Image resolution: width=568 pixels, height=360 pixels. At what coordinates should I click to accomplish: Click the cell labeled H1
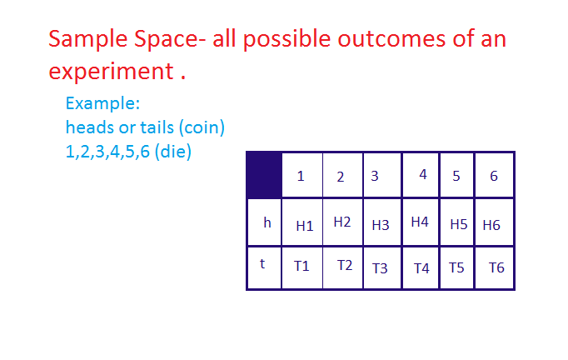pyautogui.click(x=304, y=225)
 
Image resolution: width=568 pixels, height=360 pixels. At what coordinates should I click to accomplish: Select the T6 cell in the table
pyautogui.click(x=496, y=267)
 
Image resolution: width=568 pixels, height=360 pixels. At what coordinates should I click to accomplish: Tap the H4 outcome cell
pyautogui.click(x=420, y=222)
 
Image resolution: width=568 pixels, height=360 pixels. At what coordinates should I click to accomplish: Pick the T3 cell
pyautogui.click(x=380, y=268)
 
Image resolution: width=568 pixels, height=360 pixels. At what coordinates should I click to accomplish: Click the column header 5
pyautogui.click(x=456, y=176)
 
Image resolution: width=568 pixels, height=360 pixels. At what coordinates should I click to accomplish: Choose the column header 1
pyautogui.click(x=301, y=176)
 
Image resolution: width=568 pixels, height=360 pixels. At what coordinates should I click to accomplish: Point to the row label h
pyautogui.click(x=267, y=222)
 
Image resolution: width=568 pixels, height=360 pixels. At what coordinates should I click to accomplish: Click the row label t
pyautogui.click(x=262, y=263)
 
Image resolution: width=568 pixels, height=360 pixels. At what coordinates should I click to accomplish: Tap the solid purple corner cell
pyautogui.click(x=264, y=175)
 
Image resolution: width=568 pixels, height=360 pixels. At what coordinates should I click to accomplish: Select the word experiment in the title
pyautogui.click(x=110, y=71)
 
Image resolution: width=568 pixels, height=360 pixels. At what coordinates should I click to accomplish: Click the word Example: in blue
pyautogui.click(x=102, y=104)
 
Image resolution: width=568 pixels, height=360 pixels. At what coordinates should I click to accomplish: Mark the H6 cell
pyautogui.click(x=491, y=225)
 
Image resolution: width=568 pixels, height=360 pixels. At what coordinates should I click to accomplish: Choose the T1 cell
pyautogui.click(x=301, y=266)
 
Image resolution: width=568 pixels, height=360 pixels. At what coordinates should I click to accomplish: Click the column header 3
pyautogui.click(x=375, y=176)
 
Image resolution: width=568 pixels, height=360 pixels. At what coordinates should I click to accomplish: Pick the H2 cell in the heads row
pyautogui.click(x=342, y=222)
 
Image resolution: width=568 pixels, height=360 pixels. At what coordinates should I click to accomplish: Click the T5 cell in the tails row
pyautogui.click(x=456, y=267)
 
